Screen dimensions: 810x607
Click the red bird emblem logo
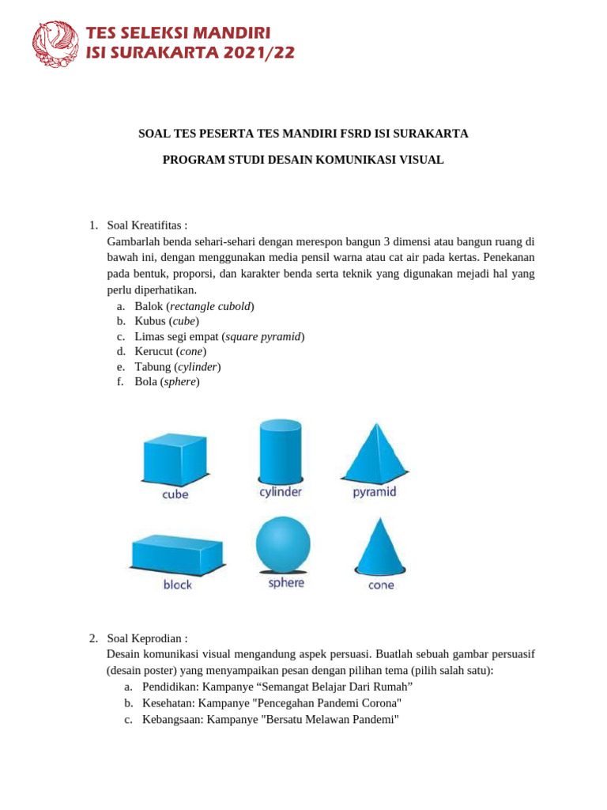click(x=55, y=44)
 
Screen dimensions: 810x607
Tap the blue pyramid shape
click(x=374, y=452)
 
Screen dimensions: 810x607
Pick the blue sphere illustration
click(x=284, y=544)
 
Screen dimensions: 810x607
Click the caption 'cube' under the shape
click(x=175, y=494)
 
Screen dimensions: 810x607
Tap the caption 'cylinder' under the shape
click(x=281, y=492)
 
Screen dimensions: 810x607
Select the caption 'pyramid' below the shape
click(x=374, y=492)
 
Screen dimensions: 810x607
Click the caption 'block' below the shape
click(x=178, y=585)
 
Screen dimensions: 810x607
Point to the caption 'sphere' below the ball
click(x=286, y=583)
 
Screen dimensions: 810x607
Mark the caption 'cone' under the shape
click(x=381, y=585)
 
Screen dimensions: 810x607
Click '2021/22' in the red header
click(x=252, y=52)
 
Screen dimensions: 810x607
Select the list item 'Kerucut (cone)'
click(x=170, y=351)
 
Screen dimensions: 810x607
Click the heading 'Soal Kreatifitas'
click(x=147, y=225)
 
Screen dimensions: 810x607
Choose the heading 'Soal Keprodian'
click(x=147, y=638)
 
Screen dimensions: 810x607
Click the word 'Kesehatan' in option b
click(x=168, y=702)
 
